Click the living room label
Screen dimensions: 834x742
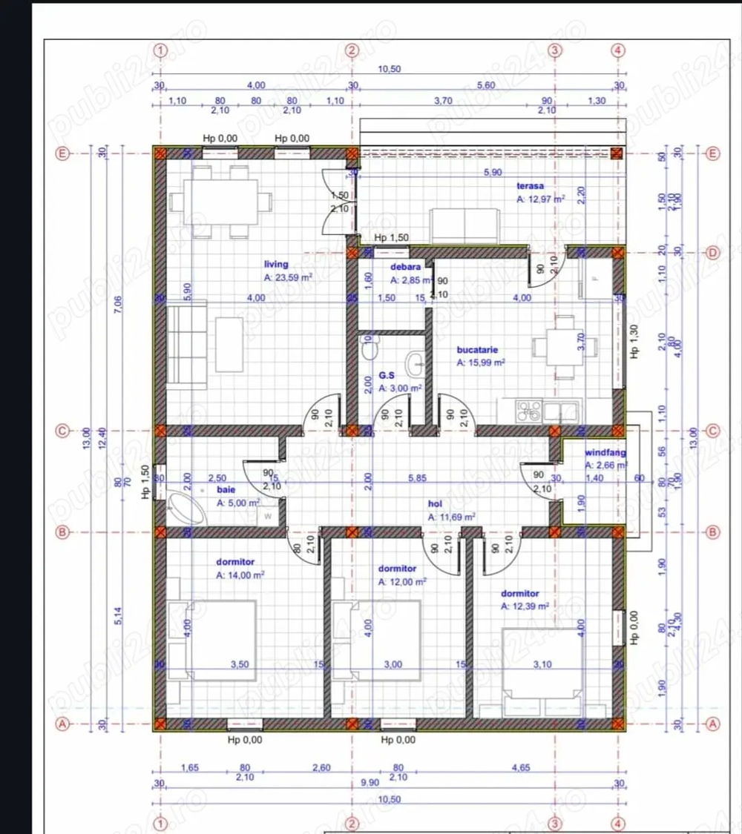tap(276, 264)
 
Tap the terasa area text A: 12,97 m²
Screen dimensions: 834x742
tap(541, 199)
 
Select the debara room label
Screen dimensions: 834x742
tap(406, 267)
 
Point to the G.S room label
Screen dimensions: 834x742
tap(386, 376)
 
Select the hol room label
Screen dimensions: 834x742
tap(436, 504)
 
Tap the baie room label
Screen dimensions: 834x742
tap(226, 490)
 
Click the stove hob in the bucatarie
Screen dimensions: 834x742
tap(529, 411)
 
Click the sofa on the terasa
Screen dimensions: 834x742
tap(465, 225)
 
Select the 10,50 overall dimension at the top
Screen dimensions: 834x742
tap(389, 69)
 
